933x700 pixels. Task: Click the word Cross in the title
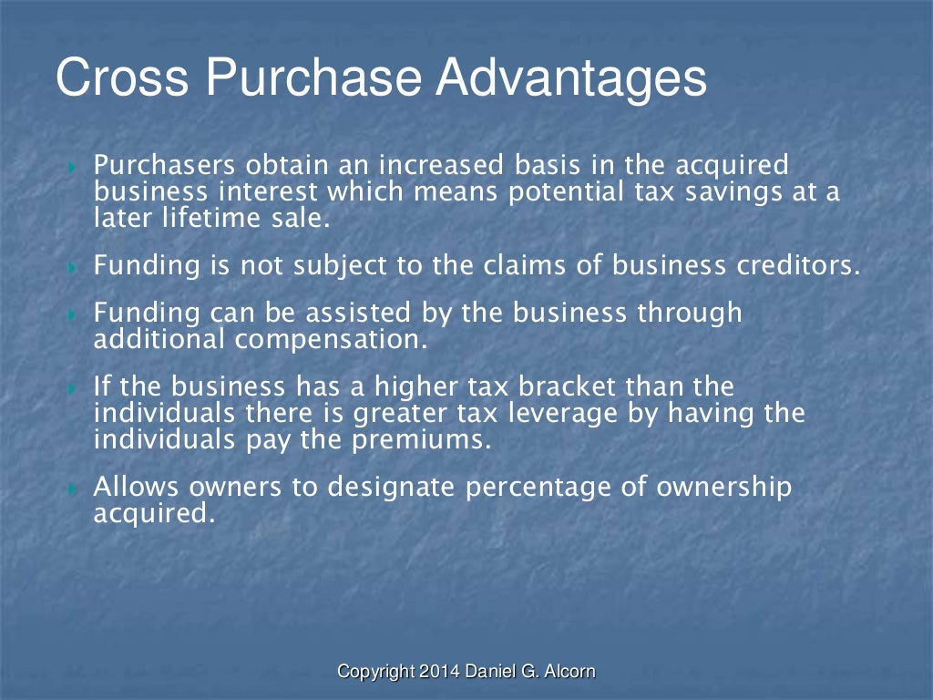pyautogui.click(x=122, y=78)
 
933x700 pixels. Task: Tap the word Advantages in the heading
pyautogui.click(x=570, y=78)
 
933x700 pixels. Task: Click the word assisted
pyautogui.click(x=358, y=314)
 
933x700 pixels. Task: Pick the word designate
pyautogui.click(x=392, y=488)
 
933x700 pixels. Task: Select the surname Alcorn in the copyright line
pyautogui.click(x=569, y=672)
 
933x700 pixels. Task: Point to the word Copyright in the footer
pyautogui.click(x=376, y=672)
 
